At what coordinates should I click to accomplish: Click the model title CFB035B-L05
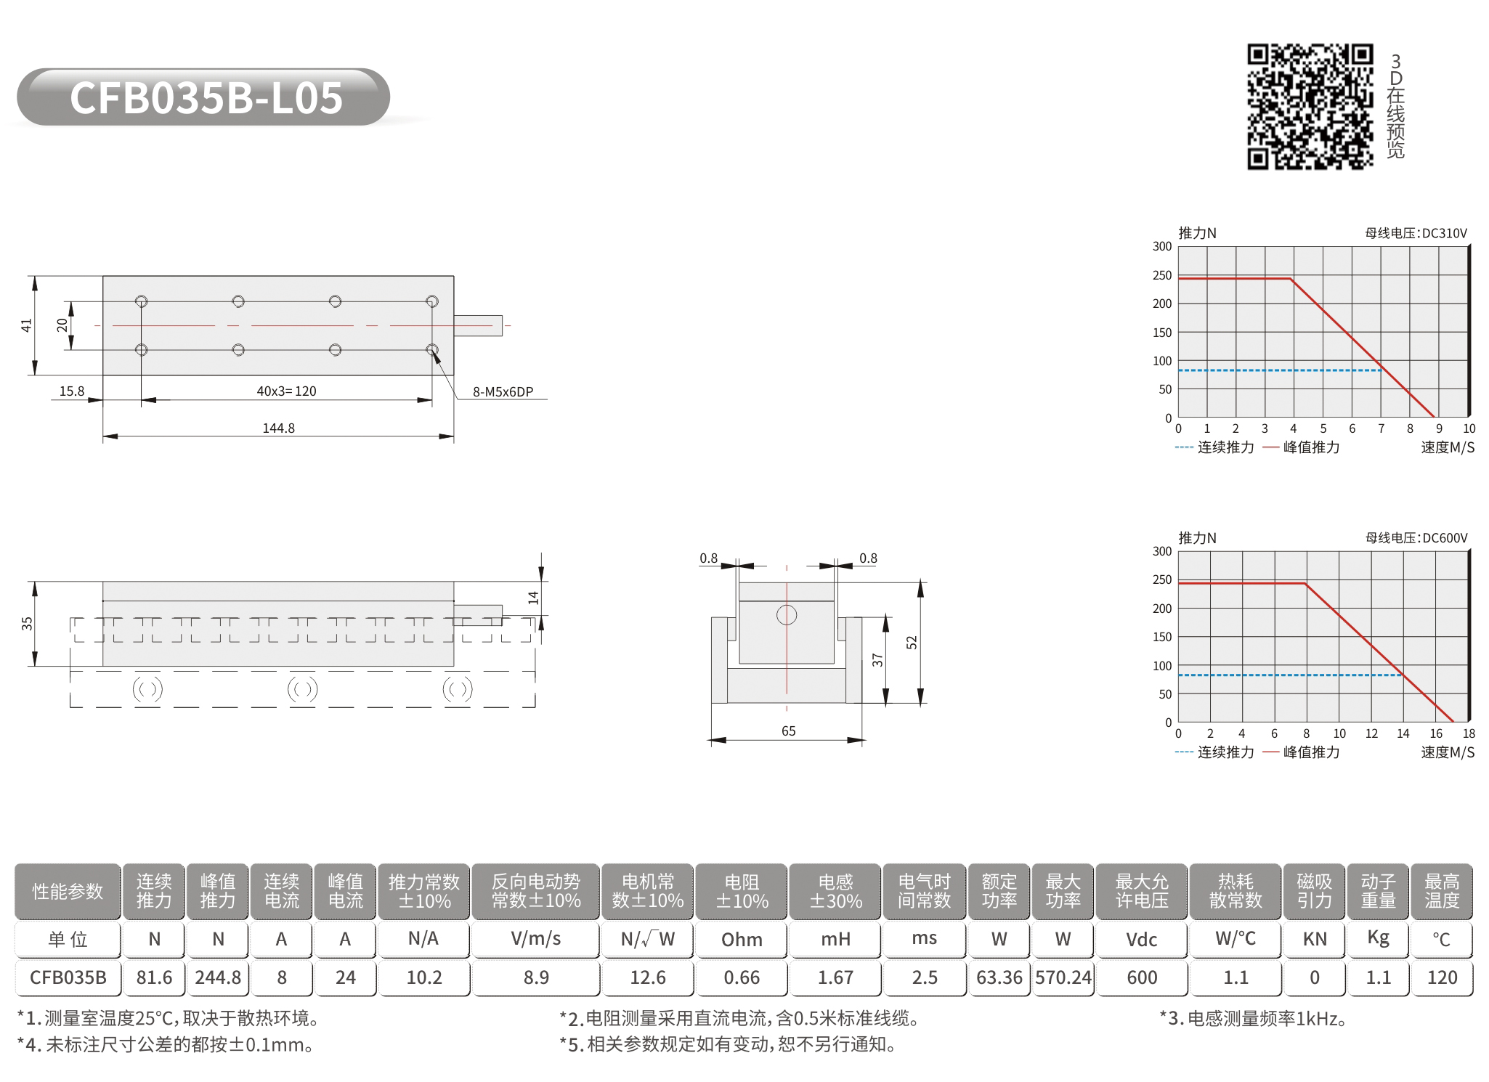(206, 98)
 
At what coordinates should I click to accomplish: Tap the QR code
(1310, 107)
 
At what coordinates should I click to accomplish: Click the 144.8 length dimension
(278, 428)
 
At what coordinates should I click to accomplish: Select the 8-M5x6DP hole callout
(503, 391)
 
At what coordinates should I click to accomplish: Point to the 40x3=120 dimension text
(286, 391)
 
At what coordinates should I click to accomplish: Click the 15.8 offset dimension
(71, 391)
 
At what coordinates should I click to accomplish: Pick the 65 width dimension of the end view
(788, 731)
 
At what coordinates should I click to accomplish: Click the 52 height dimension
(912, 642)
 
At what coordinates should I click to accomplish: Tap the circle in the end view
(787, 615)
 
